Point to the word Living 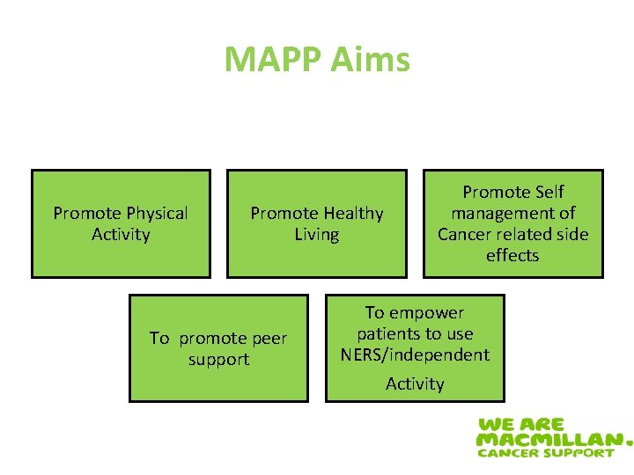coord(316,234)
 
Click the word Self coord(549,192)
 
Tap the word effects coord(512,255)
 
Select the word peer coord(269,338)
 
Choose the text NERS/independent coord(415,354)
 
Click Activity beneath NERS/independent coord(415,384)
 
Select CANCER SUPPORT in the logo coord(545,452)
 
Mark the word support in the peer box coord(218,359)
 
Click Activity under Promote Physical coord(121,234)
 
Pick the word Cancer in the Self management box coord(466,234)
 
